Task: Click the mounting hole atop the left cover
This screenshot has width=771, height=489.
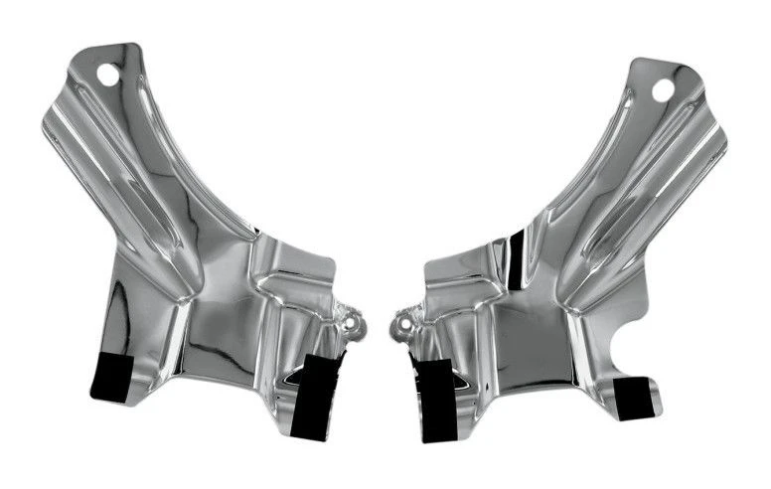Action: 107,73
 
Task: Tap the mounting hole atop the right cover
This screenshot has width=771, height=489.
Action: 662,89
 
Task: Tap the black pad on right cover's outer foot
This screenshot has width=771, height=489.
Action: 636,398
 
